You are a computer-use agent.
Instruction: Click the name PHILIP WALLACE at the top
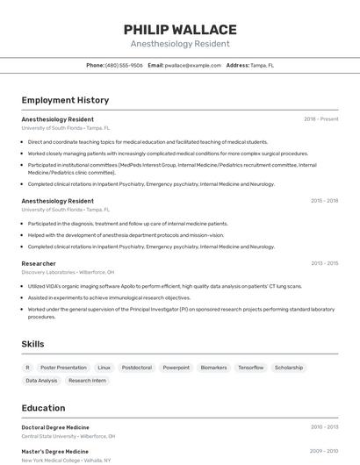[180, 30]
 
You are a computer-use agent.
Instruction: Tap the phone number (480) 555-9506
[124, 65]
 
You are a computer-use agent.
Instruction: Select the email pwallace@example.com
[192, 65]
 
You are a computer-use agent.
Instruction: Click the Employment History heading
[65, 100]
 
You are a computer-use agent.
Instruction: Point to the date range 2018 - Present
[320, 119]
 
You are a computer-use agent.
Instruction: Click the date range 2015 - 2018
[324, 201]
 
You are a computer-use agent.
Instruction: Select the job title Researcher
[39, 263]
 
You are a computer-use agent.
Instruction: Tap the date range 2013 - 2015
[324, 263]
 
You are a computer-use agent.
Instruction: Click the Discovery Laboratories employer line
[68, 272]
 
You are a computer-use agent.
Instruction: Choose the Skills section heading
[33, 345]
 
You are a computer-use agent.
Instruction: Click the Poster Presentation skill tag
[63, 368]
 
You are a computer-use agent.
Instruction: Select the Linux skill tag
[104, 368]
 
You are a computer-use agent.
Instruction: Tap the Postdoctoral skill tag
[136, 368]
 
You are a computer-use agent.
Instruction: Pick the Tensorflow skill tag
[250, 368]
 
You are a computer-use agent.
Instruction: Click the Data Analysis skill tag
[41, 381]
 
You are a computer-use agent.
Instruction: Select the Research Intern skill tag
[87, 381]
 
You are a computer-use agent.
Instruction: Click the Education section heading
[43, 408]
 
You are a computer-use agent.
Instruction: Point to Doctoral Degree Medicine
[55, 427]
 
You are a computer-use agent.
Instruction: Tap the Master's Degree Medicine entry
[54, 452]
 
